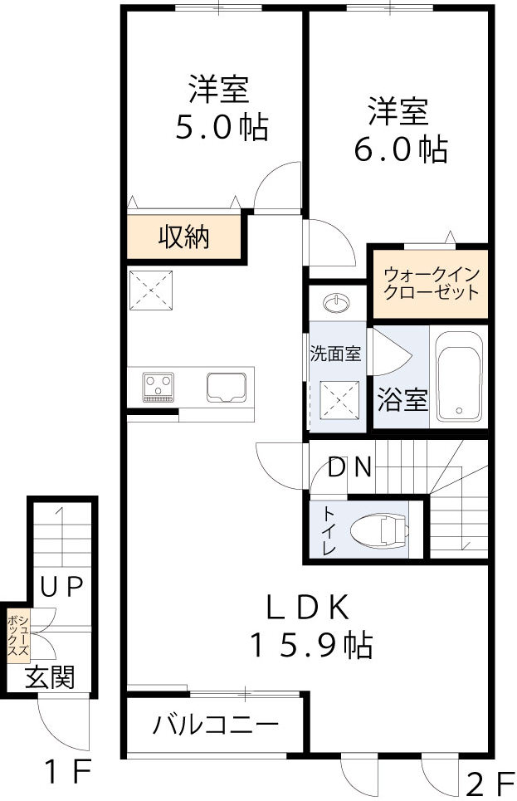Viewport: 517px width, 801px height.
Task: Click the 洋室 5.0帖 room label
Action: (x=220, y=107)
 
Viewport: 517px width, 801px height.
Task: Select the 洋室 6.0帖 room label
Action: (x=399, y=130)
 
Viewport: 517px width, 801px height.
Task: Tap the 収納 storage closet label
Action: (x=183, y=238)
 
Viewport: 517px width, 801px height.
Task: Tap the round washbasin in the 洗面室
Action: (x=337, y=304)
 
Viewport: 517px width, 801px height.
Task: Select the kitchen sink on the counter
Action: (x=226, y=387)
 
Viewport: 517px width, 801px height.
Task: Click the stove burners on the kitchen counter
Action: (x=159, y=387)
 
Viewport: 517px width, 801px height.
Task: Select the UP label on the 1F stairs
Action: (x=62, y=587)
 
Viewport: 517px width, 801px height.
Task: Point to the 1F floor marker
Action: (x=67, y=774)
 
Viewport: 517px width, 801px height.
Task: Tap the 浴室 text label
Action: (x=402, y=400)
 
